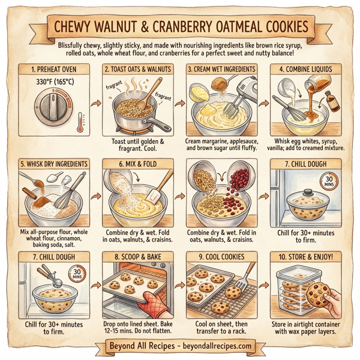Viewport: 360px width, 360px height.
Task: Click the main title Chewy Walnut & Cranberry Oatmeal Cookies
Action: click(180, 28)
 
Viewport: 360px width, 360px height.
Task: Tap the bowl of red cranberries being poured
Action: click(240, 183)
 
